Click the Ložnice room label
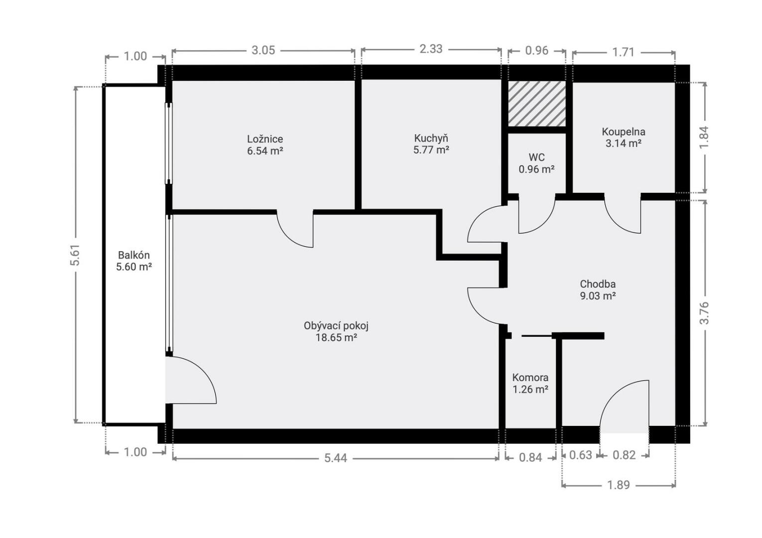click(265, 139)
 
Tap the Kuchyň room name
click(431, 138)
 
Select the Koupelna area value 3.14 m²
click(623, 143)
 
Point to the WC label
click(536, 157)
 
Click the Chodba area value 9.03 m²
click(598, 296)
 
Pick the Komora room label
click(530, 378)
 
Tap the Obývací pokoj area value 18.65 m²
click(336, 338)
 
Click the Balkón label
click(133, 255)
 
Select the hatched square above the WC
click(537, 104)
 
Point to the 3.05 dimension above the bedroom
click(263, 50)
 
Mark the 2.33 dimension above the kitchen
click(431, 49)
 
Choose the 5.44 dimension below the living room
click(335, 458)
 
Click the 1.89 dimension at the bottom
click(619, 485)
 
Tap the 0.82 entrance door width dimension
click(624, 455)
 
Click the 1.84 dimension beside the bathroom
click(704, 137)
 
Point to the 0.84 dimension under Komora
click(530, 458)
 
